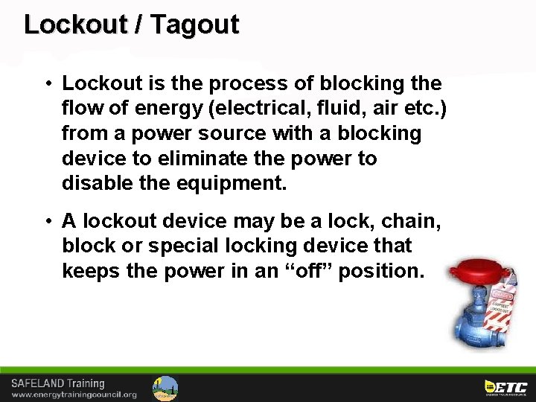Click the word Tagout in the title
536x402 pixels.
pyautogui.click(x=194, y=25)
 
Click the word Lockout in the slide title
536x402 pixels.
pyautogui.click(x=76, y=25)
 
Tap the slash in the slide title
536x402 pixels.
pyautogui.click(x=139, y=25)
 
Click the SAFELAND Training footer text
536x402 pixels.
pyautogui.click(x=57, y=383)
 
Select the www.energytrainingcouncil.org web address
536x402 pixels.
pyautogui.click(x=74, y=394)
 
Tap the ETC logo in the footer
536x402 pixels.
pyautogui.click(x=505, y=386)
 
